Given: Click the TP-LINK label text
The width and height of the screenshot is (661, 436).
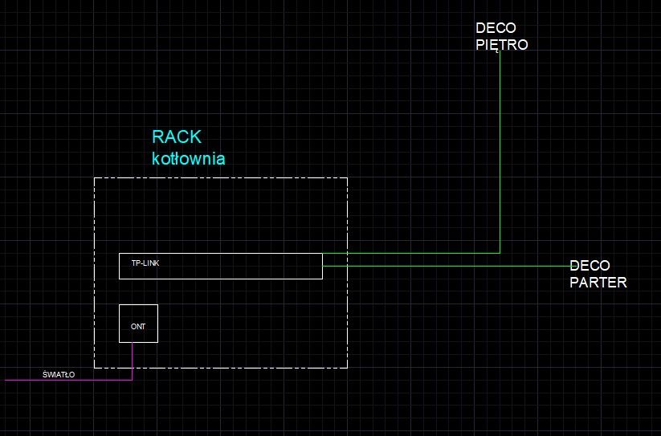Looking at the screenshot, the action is [145, 263].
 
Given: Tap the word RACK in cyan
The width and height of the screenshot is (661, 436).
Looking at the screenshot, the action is [177, 137].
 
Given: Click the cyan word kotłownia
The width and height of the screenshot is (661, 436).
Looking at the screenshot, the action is [189, 158].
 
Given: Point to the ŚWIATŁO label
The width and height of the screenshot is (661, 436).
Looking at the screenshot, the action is [59, 374].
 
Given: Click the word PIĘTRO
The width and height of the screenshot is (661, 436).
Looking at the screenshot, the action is [502, 45].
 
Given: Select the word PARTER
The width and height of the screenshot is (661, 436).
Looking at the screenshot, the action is [598, 283].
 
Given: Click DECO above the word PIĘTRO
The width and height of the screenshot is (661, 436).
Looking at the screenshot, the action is [496, 28].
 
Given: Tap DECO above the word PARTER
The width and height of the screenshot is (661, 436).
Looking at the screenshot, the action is [590, 266].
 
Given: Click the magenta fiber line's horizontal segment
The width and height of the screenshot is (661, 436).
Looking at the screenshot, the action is [68, 380].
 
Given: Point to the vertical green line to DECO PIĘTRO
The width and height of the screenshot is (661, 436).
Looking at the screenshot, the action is [500, 152].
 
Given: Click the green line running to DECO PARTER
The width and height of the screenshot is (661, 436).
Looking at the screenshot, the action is [447, 266].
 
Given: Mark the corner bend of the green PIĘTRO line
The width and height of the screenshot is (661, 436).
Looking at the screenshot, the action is [500, 253].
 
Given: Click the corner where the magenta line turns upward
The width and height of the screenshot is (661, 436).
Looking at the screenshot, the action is [132, 380].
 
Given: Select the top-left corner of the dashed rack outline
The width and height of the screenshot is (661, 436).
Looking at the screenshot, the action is [95, 177].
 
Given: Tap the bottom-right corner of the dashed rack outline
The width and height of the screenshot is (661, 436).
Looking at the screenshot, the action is [347, 369].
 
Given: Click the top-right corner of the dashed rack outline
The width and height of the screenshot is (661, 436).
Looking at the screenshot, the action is [347, 177].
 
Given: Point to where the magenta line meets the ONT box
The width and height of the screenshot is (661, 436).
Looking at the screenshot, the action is [132, 343].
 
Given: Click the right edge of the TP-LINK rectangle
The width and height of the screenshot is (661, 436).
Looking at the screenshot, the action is [323, 266].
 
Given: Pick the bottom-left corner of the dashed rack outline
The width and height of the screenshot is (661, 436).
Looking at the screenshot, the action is [95, 369].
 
